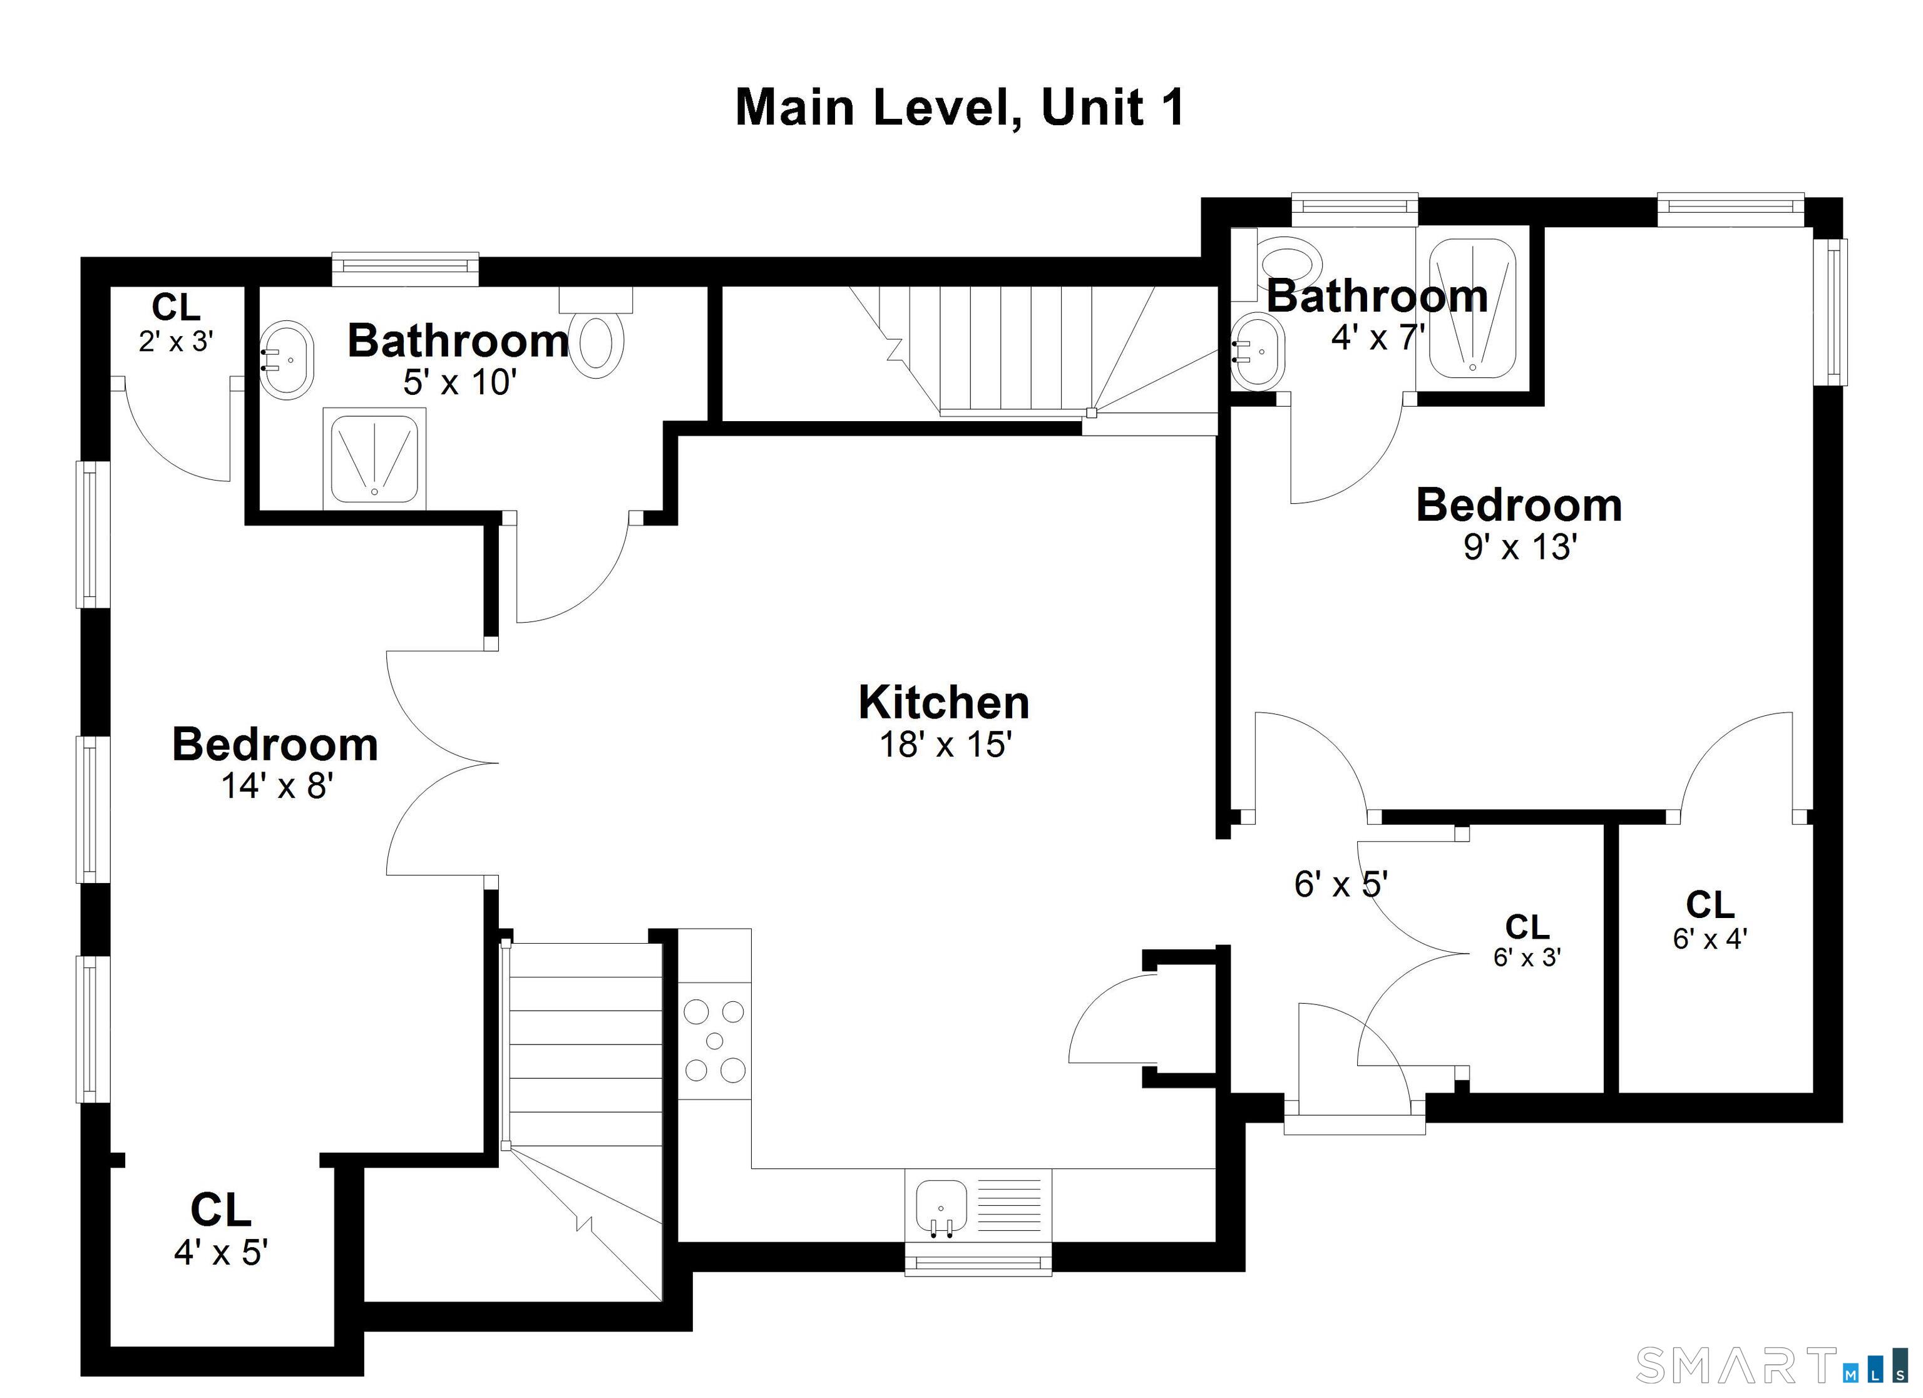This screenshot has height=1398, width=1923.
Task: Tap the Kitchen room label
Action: click(x=944, y=702)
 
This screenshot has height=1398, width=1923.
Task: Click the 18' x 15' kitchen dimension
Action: click(x=945, y=744)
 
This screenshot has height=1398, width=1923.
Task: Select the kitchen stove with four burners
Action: click(x=715, y=1040)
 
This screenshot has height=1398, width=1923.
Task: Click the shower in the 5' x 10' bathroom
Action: click(x=374, y=459)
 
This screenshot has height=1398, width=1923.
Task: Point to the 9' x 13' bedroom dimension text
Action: click(x=1519, y=547)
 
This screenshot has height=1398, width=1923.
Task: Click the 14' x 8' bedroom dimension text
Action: click(x=277, y=786)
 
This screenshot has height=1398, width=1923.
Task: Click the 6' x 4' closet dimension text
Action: click(x=1710, y=939)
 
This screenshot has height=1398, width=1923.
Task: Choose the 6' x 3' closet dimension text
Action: click(x=1527, y=956)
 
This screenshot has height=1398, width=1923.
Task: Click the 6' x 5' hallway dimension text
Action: click(x=1340, y=884)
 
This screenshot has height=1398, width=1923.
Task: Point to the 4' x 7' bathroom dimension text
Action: click(x=1378, y=337)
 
